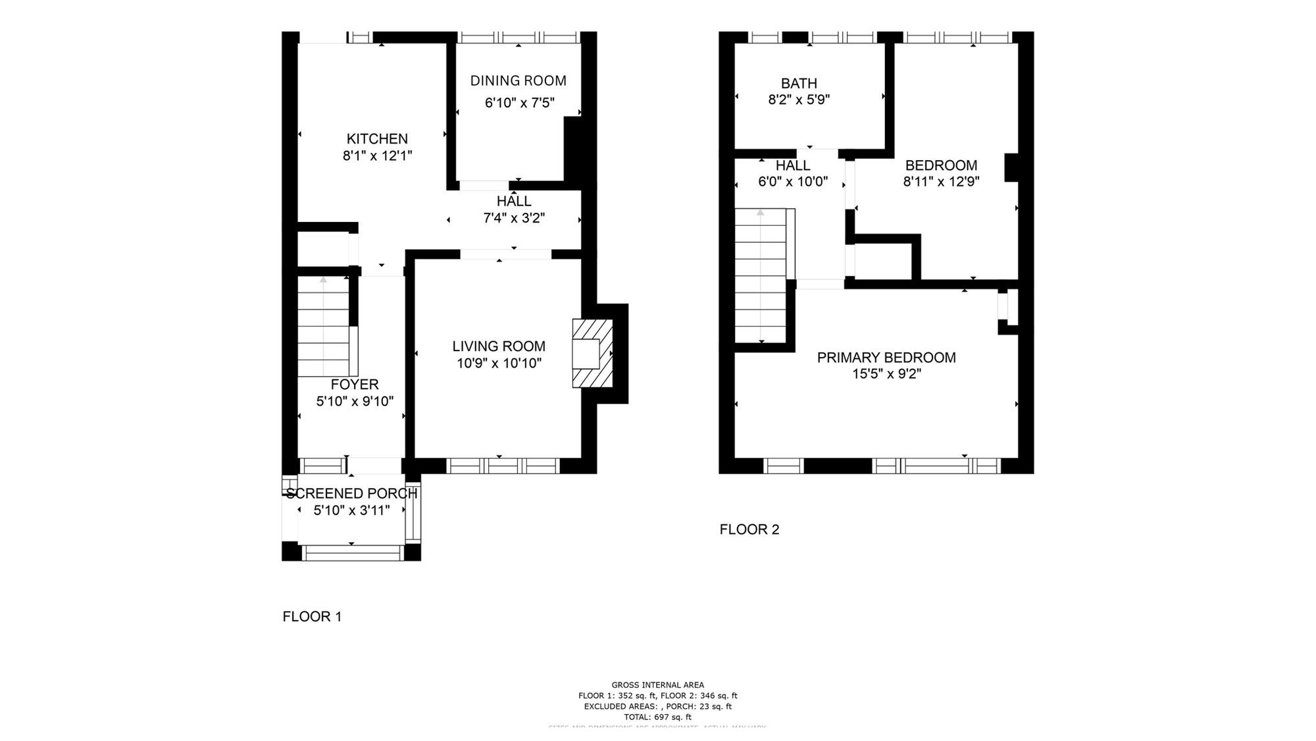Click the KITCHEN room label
point(377,139)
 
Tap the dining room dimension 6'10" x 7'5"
point(519,103)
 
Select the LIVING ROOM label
point(498,346)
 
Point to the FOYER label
point(354,385)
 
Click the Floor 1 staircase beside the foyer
point(323,327)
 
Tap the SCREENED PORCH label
point(351,493)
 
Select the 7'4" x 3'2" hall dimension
point(514,218)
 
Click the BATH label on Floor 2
point(799,84)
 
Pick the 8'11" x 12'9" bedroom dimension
point(941,182)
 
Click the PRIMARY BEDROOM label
point(886,358)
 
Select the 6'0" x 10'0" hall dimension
point(792,182)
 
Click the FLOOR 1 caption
point(312,617)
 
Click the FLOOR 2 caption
point(749,530)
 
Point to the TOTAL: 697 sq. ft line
point(657,717)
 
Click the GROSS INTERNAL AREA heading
point(657,685)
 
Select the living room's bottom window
point(503,466)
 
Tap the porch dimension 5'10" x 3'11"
point(351,510)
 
